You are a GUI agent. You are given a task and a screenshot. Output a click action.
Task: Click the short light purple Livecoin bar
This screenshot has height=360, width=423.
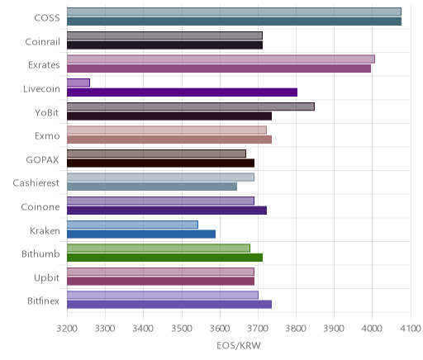78,83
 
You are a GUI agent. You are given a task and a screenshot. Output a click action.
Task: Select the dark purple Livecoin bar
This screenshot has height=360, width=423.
182,92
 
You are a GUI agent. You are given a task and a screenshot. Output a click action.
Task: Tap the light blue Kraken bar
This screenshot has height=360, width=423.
132,225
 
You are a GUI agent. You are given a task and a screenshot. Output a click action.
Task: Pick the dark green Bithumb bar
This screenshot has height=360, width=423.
164,258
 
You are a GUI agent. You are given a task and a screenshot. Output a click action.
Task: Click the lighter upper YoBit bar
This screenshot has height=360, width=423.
191,107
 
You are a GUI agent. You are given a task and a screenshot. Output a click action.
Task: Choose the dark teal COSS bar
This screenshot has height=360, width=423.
234,21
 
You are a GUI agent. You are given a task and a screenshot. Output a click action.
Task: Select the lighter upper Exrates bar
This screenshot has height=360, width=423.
221,59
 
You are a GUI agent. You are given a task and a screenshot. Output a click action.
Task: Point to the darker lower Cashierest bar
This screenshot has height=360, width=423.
152,187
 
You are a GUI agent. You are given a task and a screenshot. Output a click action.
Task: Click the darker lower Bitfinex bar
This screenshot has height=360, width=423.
169,305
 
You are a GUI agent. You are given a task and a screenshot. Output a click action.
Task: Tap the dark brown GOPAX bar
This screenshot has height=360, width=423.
160,163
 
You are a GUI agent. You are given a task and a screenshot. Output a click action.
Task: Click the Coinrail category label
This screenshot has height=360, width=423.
42,41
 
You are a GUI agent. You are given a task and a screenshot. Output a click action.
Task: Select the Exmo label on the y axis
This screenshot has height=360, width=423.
47,136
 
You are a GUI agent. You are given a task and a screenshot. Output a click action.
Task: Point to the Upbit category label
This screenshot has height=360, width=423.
46,277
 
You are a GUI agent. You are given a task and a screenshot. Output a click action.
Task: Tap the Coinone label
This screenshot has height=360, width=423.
40,206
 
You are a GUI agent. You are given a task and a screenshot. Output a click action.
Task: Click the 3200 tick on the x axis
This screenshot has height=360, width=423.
67,329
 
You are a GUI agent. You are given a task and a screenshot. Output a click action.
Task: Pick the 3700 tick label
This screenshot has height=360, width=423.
258,329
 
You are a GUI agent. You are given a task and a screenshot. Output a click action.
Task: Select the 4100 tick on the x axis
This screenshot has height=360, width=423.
411,329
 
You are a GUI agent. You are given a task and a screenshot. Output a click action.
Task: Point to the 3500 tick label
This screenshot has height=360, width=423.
182,329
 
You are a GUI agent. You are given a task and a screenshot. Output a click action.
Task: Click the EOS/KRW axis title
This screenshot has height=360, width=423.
239,346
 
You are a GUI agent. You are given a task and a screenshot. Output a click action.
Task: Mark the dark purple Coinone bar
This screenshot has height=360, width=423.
167,211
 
